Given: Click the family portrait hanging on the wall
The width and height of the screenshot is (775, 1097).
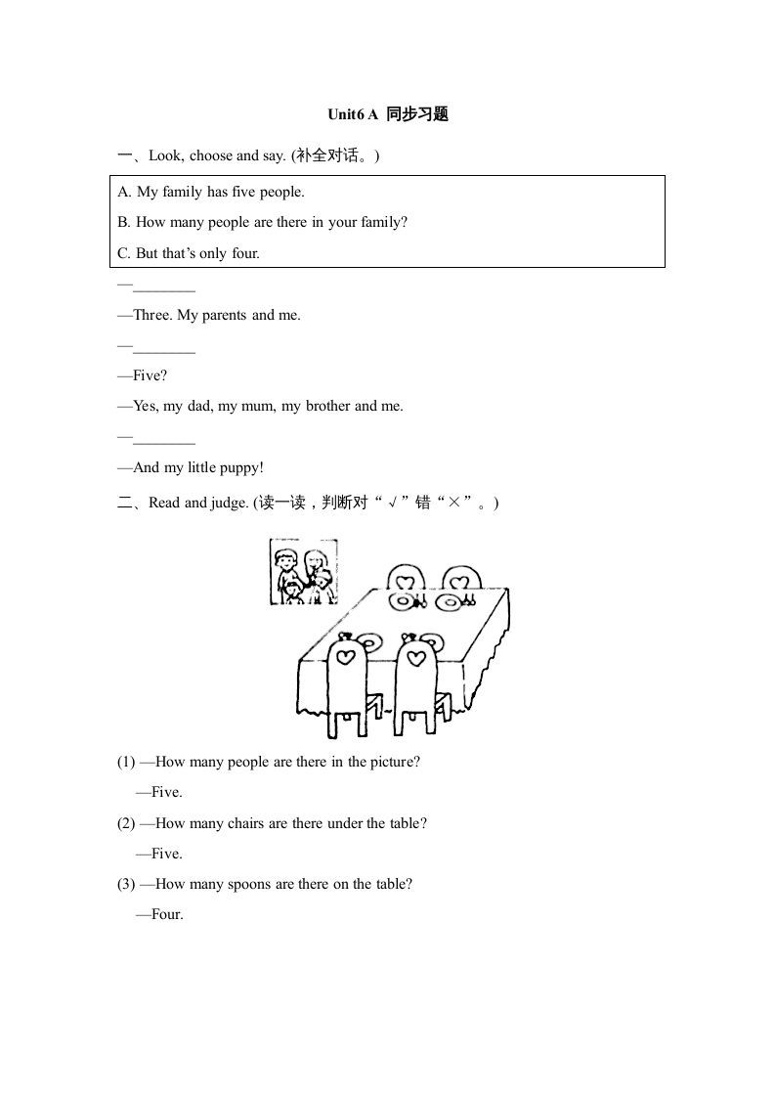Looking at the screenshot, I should point(303,571).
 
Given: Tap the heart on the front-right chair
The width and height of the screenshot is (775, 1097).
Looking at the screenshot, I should point(416,656).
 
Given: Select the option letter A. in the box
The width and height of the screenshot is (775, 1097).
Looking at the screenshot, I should point(124,192).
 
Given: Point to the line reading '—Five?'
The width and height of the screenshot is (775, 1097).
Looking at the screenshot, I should point(143,375).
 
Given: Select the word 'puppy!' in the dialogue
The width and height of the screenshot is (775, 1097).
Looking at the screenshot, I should point(239,467).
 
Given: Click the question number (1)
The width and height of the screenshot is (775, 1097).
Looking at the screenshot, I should point(126,762).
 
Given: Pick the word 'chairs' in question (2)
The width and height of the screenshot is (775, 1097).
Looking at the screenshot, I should point(245,823).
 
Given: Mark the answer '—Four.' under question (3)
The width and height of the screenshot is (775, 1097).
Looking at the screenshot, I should point(159,915).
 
